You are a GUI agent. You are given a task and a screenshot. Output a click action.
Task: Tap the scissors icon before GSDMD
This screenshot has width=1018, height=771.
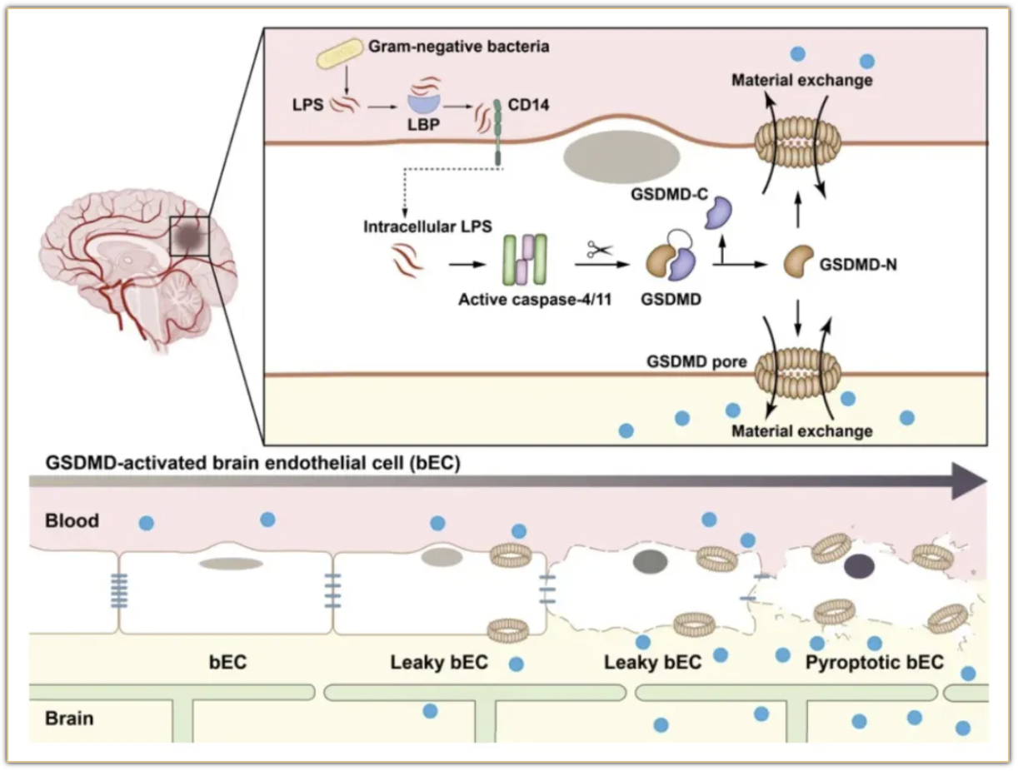pyautogui.click(x=598, y=249)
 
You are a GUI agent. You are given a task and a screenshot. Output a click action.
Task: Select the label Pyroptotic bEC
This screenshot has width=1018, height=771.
pyautogui.click(x=875, y=663)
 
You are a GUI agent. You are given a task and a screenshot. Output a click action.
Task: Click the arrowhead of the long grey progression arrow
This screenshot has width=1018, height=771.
pyautogui.click(x=969, y=481)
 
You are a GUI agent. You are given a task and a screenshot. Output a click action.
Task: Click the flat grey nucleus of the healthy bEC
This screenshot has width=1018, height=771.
pyautogui.click(x=231, y=564)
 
